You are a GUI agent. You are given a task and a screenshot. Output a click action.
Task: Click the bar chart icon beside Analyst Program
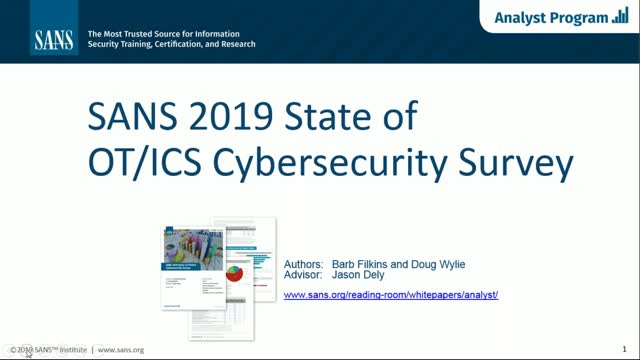tap(622, 17)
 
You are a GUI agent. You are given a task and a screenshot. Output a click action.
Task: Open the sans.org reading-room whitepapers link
tap(391, 295)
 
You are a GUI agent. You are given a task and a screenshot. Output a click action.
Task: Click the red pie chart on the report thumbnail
tap(235, 271)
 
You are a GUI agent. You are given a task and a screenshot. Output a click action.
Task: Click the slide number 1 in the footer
tap(624, 349)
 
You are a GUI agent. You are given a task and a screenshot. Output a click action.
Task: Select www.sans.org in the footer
tap(121, 350)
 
